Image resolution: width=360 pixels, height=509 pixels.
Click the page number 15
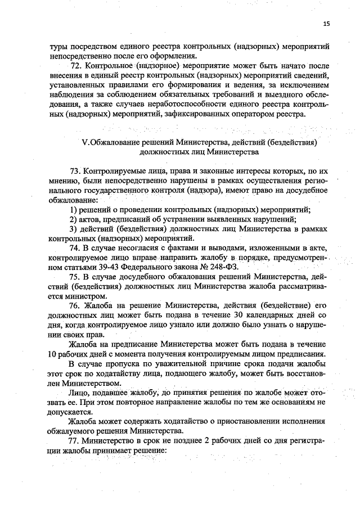[327, 24]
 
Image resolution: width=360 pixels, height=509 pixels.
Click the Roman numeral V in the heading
[84, 142]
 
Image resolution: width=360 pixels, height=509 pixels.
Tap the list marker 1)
[73, 209]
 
